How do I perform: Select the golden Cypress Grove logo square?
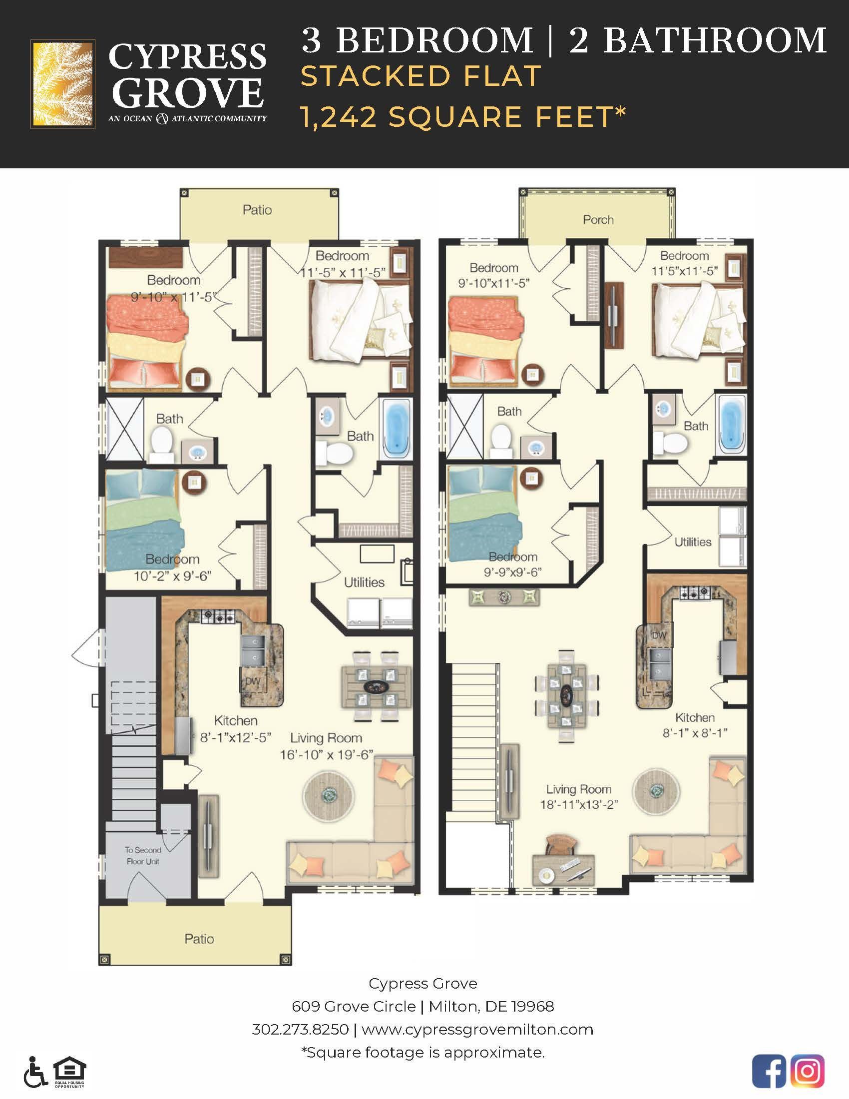63,83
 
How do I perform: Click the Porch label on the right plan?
598,219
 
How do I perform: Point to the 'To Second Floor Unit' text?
143,855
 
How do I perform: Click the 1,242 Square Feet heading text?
463,117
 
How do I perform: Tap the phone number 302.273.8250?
300,1029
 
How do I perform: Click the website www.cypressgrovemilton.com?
477,1029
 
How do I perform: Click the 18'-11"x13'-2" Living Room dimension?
578,805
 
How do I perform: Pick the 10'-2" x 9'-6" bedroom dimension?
172,576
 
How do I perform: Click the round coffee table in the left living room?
329,796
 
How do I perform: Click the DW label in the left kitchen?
252,681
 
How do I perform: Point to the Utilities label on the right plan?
693,542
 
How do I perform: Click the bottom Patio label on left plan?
199,939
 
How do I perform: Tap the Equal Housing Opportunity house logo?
70,1071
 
